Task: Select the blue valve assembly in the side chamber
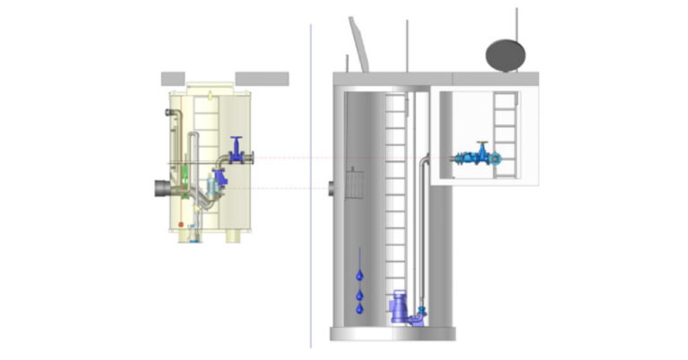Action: tap(477, 159)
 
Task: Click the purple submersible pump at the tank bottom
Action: tap(398, 311)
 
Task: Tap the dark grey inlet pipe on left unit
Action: tap(164, 189)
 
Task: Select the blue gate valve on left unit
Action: tap(236, 150)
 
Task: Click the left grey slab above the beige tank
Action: tap(173, 78)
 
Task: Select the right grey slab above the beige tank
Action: tap(262, 78)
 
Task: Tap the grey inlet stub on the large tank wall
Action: tap(331, 189)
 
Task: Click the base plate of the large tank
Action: tap(392, 334)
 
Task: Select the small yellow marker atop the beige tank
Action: tap(209, 92)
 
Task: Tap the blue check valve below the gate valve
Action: tap(219, 178)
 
